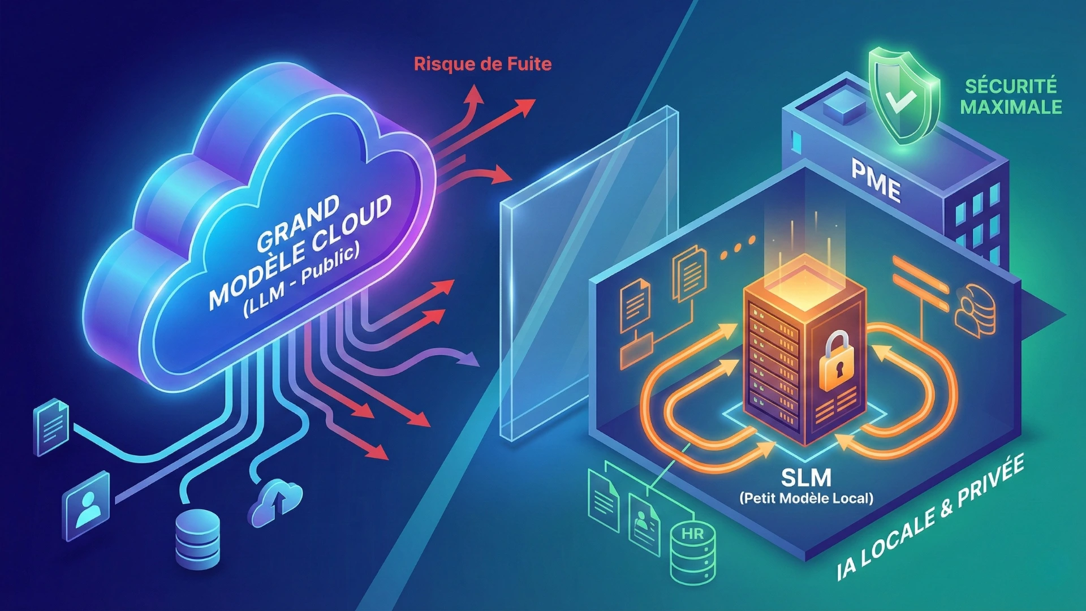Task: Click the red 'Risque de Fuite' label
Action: click(482, 64)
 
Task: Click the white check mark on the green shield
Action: click(900, 100)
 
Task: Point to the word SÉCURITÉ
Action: click(1011, 86)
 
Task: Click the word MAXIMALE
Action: click(1011, 107)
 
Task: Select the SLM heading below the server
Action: click(806, 478)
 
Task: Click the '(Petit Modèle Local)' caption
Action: click(806, 498)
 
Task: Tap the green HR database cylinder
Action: click(692, 552)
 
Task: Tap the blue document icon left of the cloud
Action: click(52, 427)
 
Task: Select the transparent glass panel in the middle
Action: click(588, 272)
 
